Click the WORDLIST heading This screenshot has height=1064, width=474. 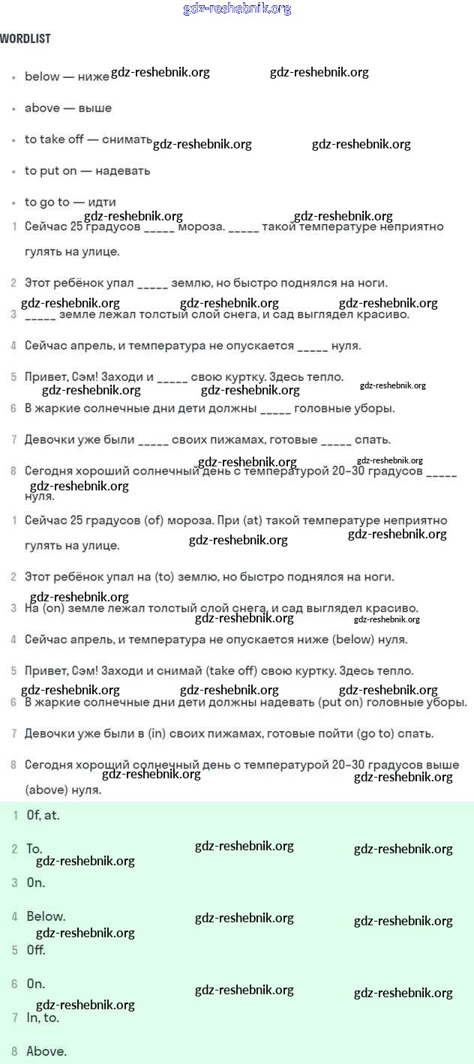(x=25, y=38)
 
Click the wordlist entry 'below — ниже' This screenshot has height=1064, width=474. (x=67, y=76)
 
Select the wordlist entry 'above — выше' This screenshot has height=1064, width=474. (x=68, y=108)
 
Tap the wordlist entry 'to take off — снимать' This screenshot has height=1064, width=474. (x=88, y=139)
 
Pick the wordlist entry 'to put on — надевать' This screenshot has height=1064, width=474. (x=87, y=171)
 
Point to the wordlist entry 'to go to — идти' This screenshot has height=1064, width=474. (x=70, y=202)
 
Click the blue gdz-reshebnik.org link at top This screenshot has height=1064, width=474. (x=237, y=9)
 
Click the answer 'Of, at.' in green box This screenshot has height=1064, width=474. (x=43, y=815)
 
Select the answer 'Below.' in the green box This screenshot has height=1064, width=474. (x=46, y=916)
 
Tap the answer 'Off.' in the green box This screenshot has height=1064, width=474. (x=36, y=950)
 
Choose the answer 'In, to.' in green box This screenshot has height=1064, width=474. (x=43, y=1018)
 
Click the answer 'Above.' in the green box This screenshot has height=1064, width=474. (x=46, y=1051)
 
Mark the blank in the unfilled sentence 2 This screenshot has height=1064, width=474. (x=153, y=283)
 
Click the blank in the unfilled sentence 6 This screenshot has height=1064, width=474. (x=275, y=409)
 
